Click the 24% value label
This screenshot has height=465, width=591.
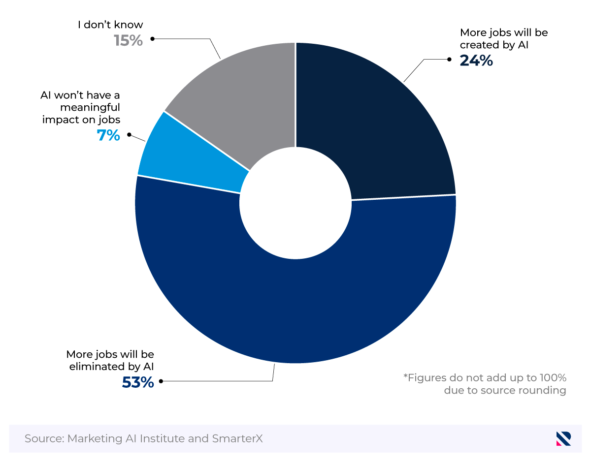pyautogui.click(x=476, y=61)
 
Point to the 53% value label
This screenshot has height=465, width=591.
pyautogui.click(x=138, y=382)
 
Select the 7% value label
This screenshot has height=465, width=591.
pyautogui.click(x=108, y=135)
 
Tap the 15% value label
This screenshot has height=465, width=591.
pyautogui.click(x=128, y=40)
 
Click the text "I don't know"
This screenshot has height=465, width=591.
pyautogui.click(x=110, y=25)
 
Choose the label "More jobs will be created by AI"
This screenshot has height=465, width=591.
pyautogui.click(x=503, y=38)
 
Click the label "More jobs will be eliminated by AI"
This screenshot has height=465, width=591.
pyautogui.click(x=110, y=360)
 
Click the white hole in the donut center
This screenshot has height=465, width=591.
pyautogui.click(x=295, y=202)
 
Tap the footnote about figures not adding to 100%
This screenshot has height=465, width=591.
pyautogui.click(x=485, y=384)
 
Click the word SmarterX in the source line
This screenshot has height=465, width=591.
pyautogui.click(x=237, y=438)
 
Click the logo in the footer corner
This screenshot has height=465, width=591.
pyautogui.click(x=563, y=438)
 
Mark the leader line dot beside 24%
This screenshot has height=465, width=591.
pyautogui.click(x=449, y=60)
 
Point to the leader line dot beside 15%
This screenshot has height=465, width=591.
pyautogui.click(x=152, y=38)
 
